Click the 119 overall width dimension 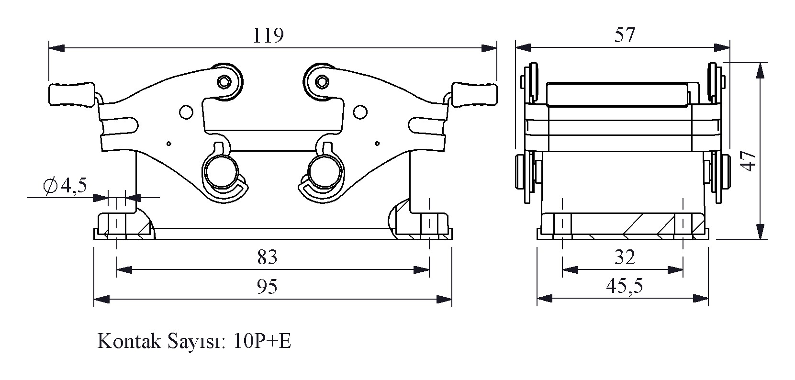tap(268, 35)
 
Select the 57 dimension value tap(624, 35)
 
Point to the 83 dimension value tap(267, 257)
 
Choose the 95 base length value tap(267, 287)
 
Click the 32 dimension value tap(624, 257)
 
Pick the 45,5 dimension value tap(624, 286)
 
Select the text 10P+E tap(263, 342)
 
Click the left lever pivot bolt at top tap(224, 82)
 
